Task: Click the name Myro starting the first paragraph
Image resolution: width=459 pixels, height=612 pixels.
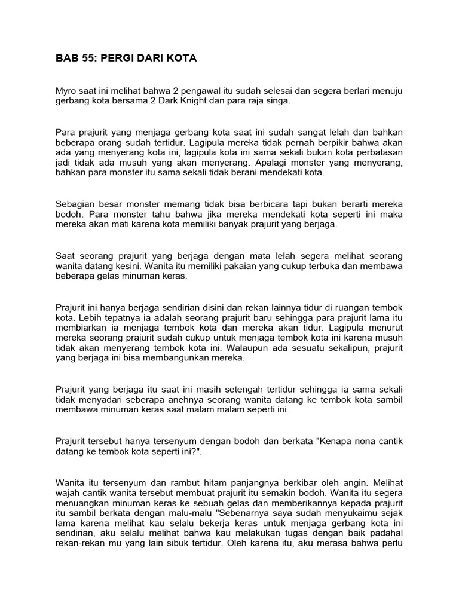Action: pyautogui.click(x=65, y=91)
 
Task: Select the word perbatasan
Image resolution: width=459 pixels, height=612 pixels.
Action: pyautogui.click(x=378, y=152)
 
